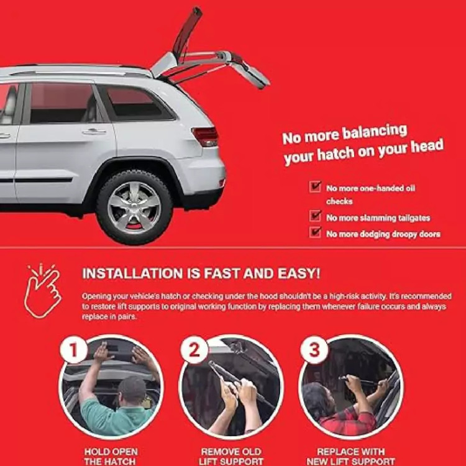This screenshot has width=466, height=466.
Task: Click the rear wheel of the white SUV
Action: (x=134, y=207)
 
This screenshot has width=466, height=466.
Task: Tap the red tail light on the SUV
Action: (x=206, y=137)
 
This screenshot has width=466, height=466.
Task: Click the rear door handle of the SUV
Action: (x=94, y=131)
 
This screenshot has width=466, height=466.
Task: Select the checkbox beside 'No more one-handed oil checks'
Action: (x=315, y=187)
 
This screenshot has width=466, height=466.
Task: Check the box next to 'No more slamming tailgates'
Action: (x=315, y=216)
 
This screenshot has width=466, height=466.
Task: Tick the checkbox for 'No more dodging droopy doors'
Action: (x=315, y=232)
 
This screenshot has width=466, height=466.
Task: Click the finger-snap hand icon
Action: (x=42, y=290)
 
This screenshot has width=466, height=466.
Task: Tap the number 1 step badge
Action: (x=73, y=350)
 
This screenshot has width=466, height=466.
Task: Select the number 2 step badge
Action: (x=194, y=350)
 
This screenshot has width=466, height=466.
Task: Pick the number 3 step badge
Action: (x=314, y=350)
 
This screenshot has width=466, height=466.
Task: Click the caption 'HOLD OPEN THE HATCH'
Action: (x=110, y=457)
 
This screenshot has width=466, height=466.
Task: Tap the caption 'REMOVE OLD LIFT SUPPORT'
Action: (x=231, y=457)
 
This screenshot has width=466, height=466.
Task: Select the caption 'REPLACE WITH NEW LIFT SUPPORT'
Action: (x=350, y=457)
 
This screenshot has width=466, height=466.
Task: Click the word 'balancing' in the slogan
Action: (x=375, y=133)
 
